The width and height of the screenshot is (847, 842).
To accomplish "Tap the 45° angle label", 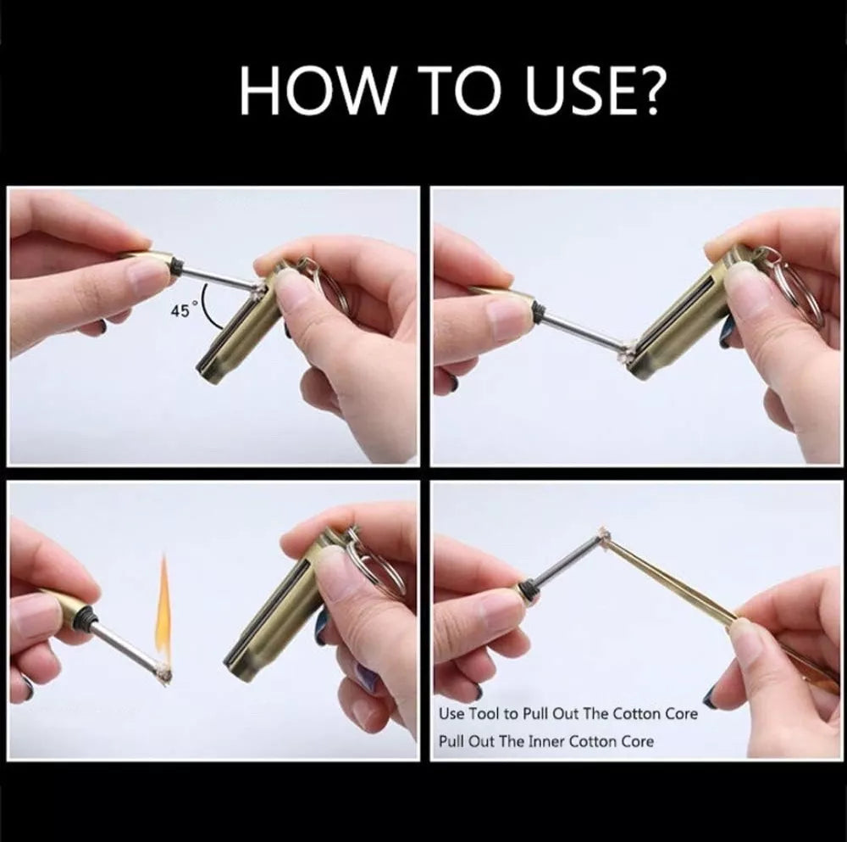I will pos(180,310).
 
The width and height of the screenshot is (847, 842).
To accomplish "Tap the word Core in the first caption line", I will pos(680,713).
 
